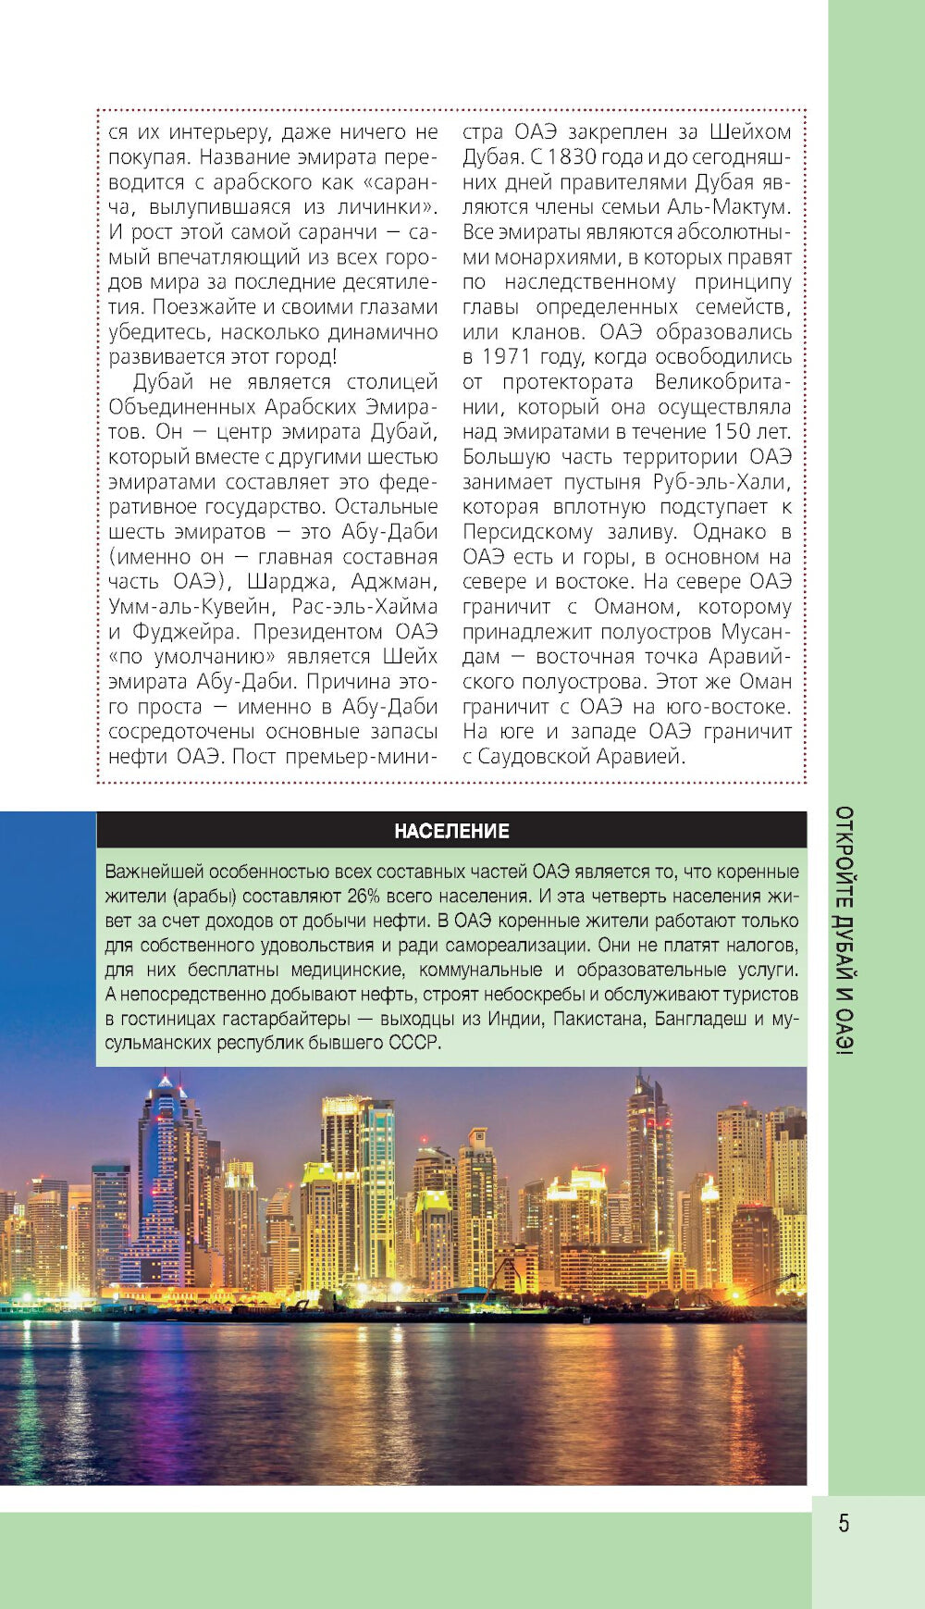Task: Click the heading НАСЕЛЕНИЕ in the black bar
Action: click(x=451, y=831)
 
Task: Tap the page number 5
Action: click(x=844, y=1523)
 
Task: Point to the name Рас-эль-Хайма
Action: click(x=364, y=607)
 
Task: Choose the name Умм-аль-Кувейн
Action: click(x=191, y=607)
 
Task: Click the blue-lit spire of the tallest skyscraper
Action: click(x=166, y=1081)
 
